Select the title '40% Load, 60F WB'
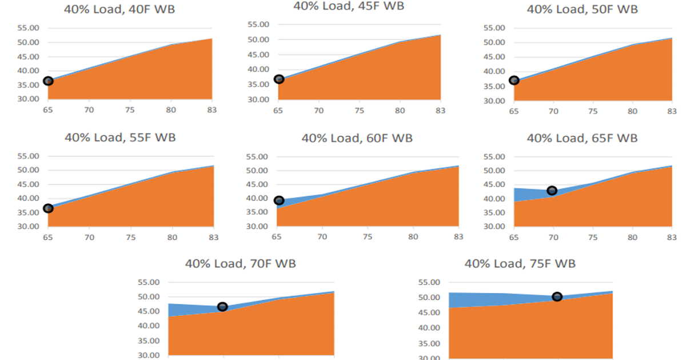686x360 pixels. pyautogui.click(x=357, y=138)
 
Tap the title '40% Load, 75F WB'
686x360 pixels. pyautogui.click(x=520, y=263)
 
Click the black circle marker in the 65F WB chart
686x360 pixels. pyautogui.click(x=552, y=190)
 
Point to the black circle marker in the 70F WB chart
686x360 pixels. pyautogui.click(x=222, y=307)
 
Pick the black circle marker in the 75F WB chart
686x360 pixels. pyautogui.click(x=557, y=296)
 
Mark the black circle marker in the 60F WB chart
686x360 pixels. pyautogui.click(x=279, y=200)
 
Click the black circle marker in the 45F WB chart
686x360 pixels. pyautogui.click(x=279, y=79)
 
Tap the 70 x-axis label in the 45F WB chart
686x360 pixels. pyautogui.click(x=319, y=110)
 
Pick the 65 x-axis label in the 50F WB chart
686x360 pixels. pyautogui.click(x=514, y=110)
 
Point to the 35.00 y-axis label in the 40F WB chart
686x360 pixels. pyautogui.click(x=28, y=85)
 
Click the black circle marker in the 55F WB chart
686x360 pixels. pyautogui.click(x=48, y=208)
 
